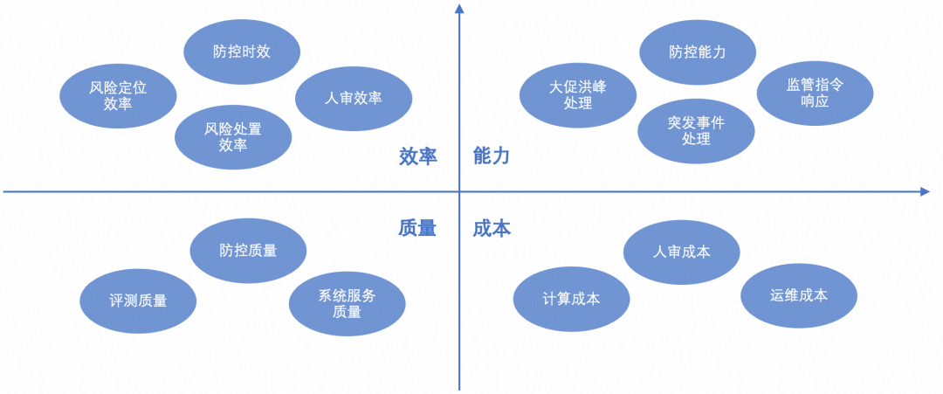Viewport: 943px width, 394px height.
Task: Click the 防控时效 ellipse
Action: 242,52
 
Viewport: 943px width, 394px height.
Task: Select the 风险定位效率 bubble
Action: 117,96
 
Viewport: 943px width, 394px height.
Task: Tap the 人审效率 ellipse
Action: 353,98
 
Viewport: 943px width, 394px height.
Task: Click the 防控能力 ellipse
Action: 698,52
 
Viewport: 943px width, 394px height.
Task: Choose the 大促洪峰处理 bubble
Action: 577,95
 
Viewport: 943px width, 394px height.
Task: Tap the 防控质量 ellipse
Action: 248,251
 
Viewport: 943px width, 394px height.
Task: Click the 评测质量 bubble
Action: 138,301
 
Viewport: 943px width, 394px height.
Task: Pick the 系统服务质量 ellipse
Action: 347,304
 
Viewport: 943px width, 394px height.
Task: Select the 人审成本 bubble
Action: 682,252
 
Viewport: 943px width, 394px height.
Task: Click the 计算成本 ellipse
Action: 570,299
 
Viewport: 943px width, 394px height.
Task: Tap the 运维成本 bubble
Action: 799,295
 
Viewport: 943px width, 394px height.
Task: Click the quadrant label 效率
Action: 417,156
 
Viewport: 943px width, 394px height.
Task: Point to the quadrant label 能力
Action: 492,156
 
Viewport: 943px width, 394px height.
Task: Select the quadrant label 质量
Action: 417,228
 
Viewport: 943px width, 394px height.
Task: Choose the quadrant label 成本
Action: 492,228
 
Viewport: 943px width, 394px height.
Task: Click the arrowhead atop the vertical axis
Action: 459,9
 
